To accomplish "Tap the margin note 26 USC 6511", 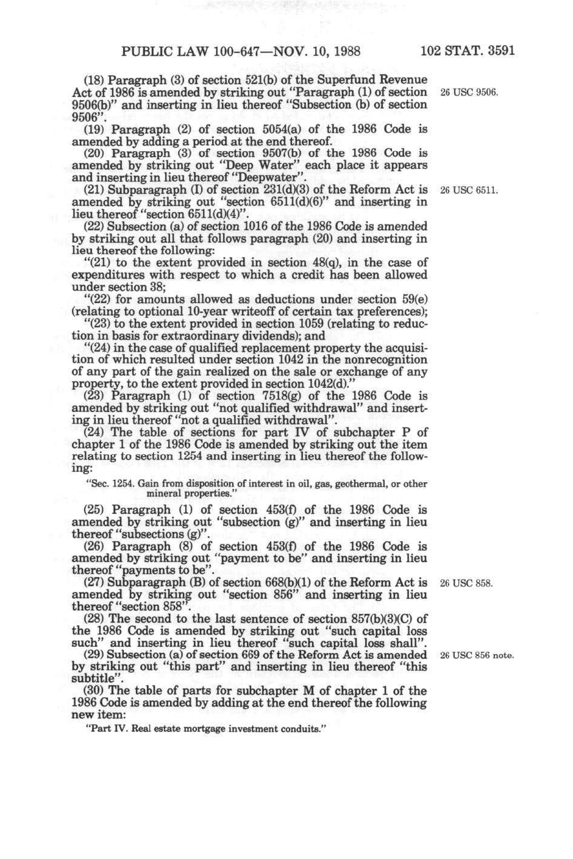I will click(469, 190).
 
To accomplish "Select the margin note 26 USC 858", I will click(466, 583).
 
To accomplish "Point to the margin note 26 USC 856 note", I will click(477, 656).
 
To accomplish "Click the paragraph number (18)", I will click(93, 80).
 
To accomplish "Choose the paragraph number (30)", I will click(93, 691).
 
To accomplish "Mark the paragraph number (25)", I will click(93, 510).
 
